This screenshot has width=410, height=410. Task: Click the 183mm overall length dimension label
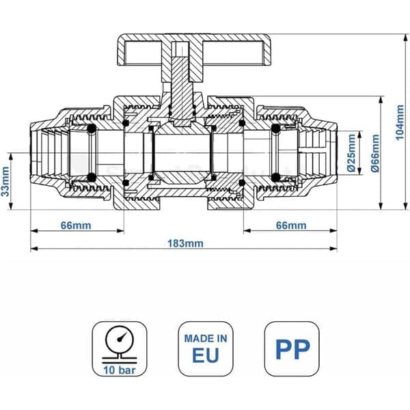[x=185, y=243]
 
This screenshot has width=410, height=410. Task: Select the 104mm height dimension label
[x=400, y=122]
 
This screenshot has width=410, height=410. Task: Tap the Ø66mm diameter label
[x=375, y=153]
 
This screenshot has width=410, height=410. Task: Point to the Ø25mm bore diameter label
[x=351, y=152]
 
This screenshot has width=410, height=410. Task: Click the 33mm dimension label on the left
[x=5, y=182]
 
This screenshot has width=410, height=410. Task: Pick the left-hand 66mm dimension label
[x=76, y=225]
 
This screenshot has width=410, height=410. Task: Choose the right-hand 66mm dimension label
[x=291, y=225]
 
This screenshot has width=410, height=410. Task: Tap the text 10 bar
[x=120, y=370]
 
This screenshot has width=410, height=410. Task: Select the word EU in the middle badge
[x=206, y=355]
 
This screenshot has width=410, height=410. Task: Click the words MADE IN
[x=206, y=339]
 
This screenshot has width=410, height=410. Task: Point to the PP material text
[x=292, y=350]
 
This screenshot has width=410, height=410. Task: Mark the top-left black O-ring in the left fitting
[x=92, y=128]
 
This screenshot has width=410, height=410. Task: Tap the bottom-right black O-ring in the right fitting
[x=276, y=177]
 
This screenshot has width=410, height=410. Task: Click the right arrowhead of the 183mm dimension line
[x=333, y=249]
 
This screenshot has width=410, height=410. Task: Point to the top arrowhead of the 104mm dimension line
[x=405, y=38]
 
